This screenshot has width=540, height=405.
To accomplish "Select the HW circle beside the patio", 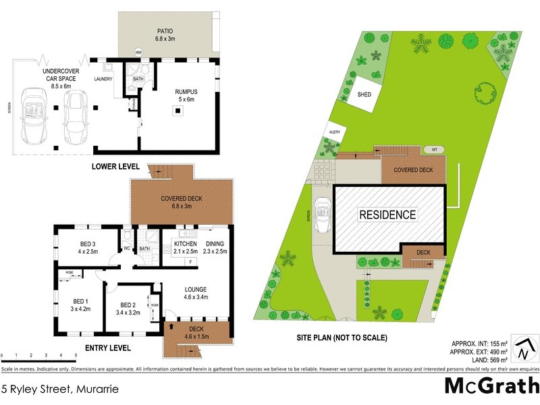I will tap(138, 53).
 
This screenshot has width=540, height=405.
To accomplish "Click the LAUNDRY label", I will tap(103, 79).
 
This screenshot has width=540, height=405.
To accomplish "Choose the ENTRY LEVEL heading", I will tap(108, 348).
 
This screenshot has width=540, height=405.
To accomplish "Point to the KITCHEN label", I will tap(185, 243).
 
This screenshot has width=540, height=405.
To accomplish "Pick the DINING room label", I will tap(216, 243).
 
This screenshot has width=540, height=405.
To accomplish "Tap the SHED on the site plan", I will tap(365, 96).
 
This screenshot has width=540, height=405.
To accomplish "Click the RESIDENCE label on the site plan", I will tap(387, 215).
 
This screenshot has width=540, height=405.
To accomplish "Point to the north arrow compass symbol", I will tap(524, 349).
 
